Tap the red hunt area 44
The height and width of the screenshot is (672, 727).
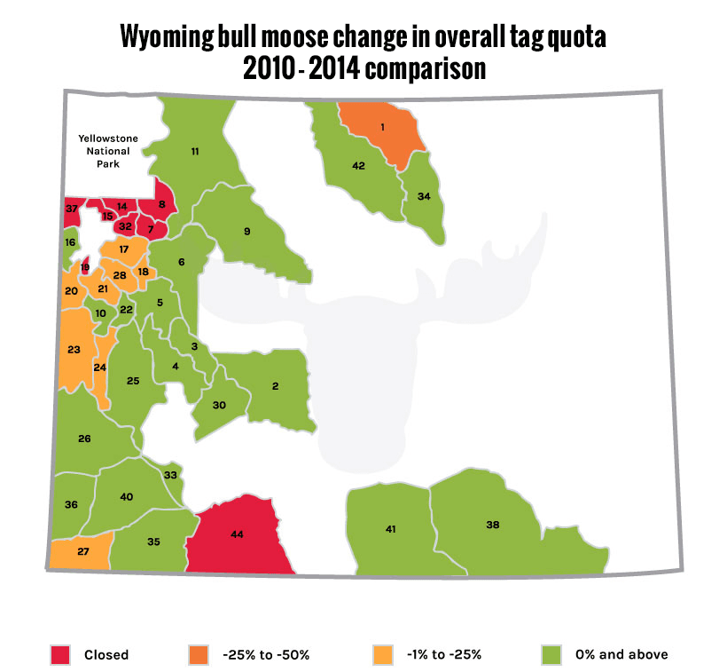click(237, 534)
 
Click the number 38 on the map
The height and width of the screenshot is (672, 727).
click(493, 525)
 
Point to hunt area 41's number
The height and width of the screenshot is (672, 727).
click(390, 529)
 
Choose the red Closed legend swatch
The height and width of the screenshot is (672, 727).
click(59, 655)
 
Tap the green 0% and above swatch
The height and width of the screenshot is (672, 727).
click(551, 655)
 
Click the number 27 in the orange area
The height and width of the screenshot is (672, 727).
click(82, 551)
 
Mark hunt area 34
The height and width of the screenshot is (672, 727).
click(424, 196)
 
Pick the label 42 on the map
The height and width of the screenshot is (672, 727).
click(358, 166)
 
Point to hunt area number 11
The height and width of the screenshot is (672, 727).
click(194, 152)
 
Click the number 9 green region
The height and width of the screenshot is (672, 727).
click(247, 232)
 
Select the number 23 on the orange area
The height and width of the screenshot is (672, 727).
click(74, 350)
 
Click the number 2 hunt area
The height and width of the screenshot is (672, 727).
click(275, 386)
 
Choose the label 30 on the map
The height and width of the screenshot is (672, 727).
click(219, 405)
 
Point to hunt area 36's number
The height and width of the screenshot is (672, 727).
click(71, 504)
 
